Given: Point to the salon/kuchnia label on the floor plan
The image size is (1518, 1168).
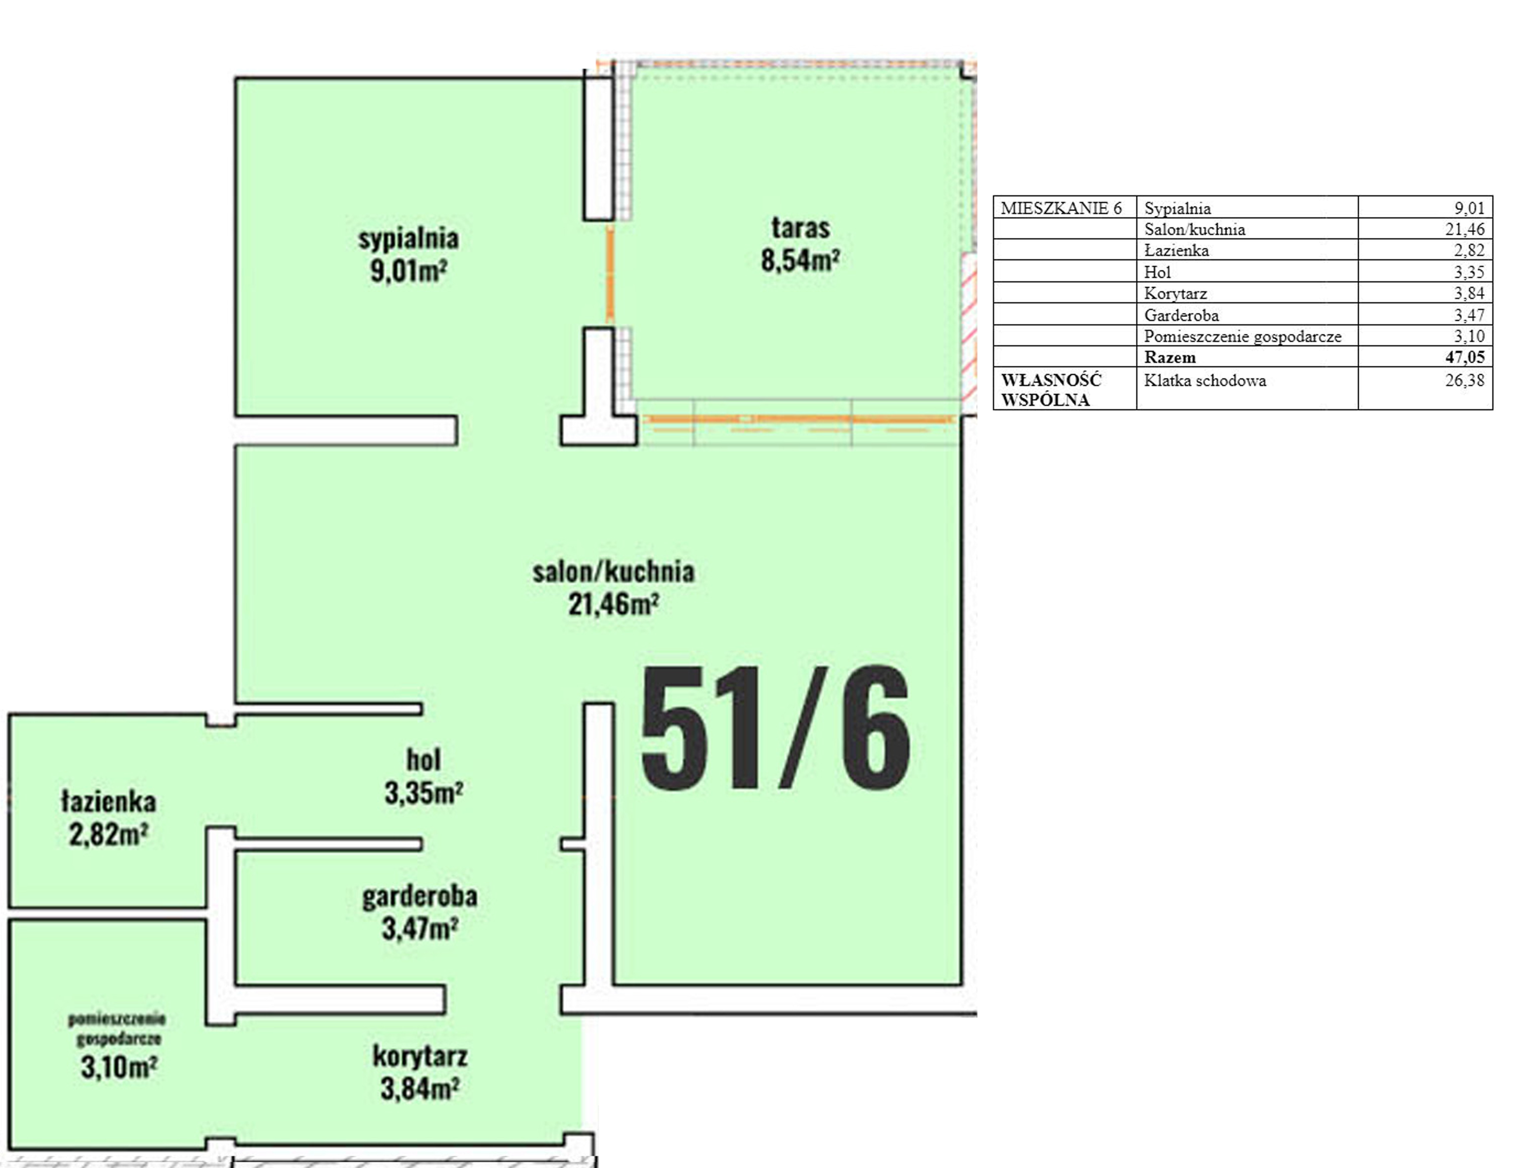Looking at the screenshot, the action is tap(613, 571).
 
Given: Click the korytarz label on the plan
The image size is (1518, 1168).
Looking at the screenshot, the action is tap(420, 1057).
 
